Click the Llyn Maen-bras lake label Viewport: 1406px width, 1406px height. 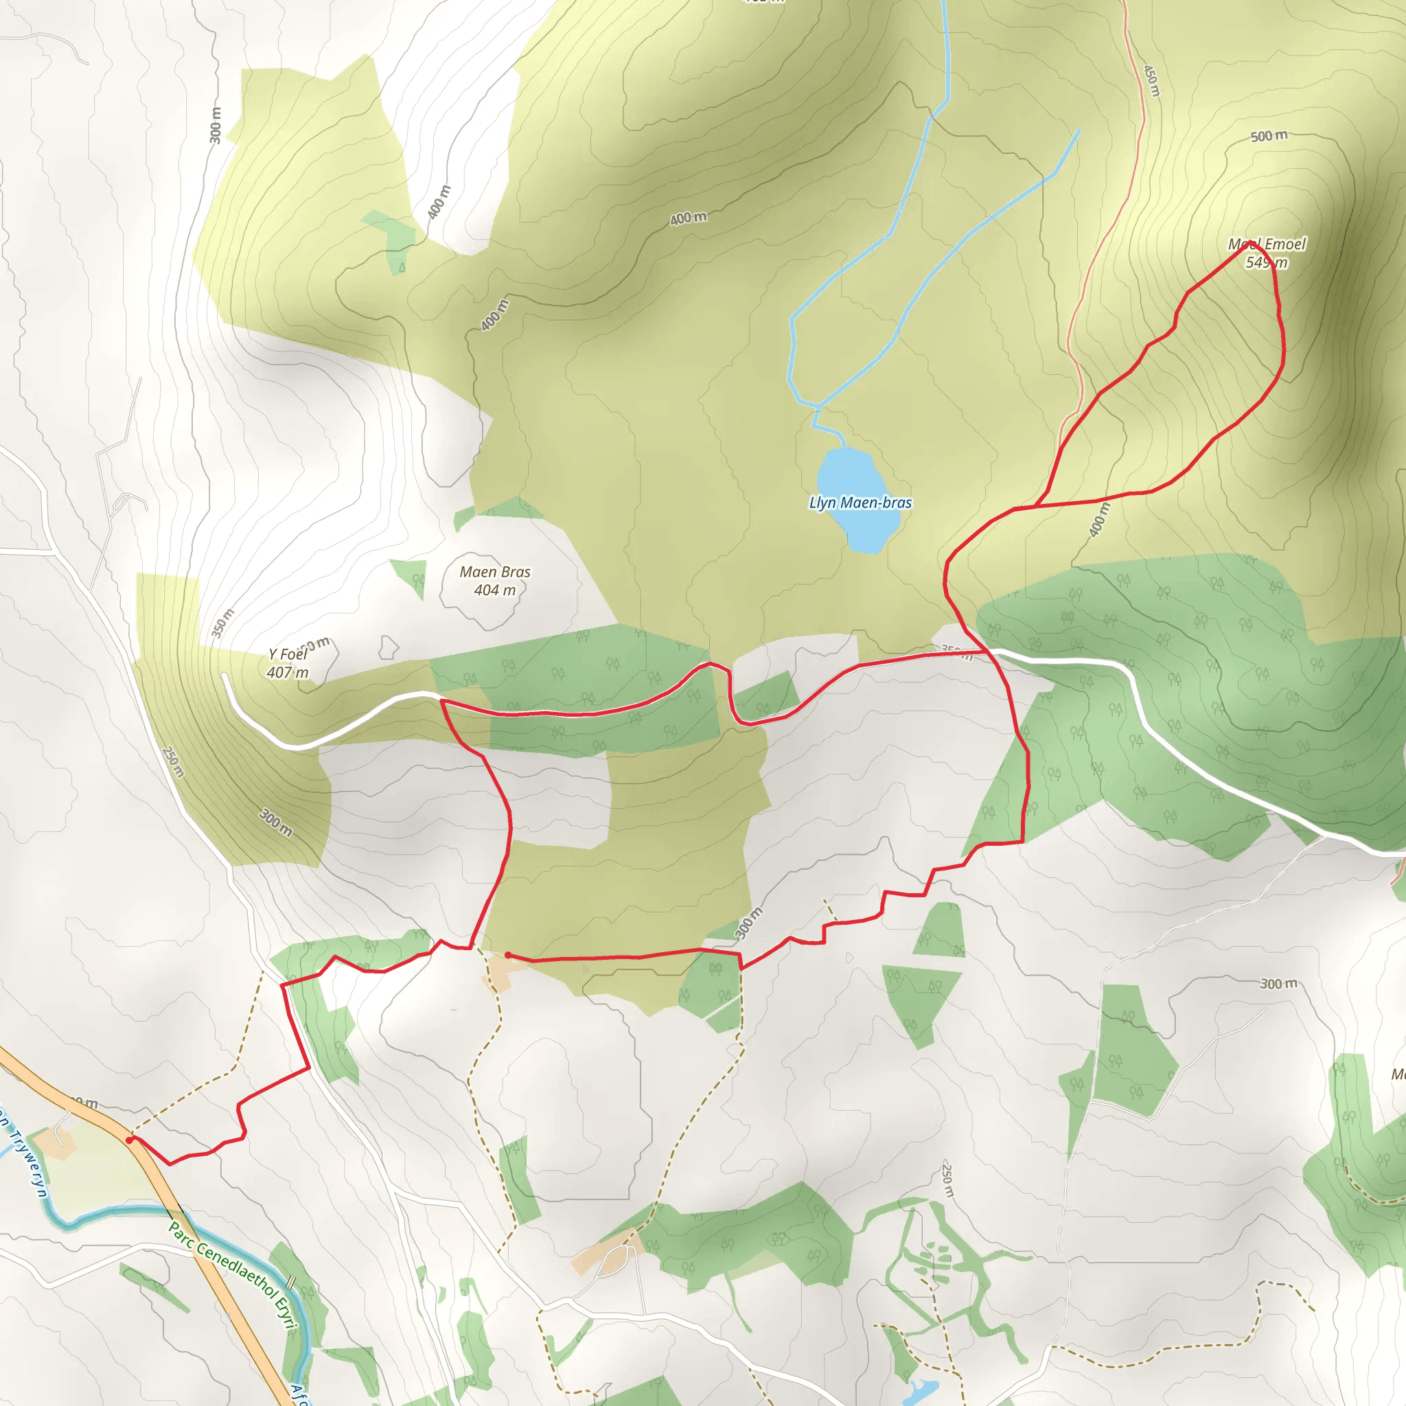click(860, 503)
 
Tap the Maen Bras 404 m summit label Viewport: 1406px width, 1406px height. click(495, 581)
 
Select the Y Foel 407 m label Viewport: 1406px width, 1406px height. click(288, 663)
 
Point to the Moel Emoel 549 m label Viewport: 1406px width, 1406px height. click(1267, 253)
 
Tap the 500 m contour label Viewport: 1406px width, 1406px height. click(1269, 136)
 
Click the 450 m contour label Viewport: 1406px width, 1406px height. click(1151, 81)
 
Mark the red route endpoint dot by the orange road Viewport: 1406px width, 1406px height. click(130, 1140)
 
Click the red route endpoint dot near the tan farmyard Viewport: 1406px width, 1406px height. click(507, 956)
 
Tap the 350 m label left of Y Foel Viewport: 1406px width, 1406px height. click(222, 623)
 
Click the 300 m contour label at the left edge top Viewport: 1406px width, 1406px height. click(216, 124)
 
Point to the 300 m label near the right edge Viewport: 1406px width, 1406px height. click(1278, 984)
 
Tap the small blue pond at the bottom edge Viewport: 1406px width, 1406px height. click(919, 1390)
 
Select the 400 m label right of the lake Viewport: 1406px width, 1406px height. click(1099, 520)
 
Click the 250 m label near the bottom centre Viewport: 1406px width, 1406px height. click(947, 1179)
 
